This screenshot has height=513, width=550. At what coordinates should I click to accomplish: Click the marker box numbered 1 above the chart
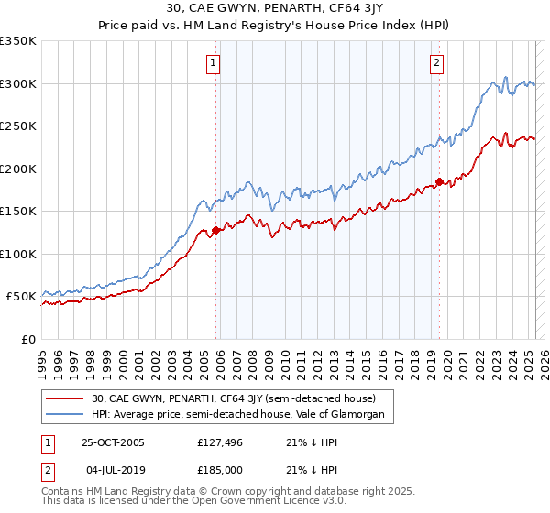[214, 63]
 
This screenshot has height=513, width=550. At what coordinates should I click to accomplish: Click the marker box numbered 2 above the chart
[436, 63]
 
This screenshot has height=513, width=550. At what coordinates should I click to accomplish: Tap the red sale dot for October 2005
[216, 231]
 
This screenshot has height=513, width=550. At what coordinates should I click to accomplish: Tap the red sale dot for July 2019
[439, 181]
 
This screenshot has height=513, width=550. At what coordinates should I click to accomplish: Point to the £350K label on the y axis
[18, 41]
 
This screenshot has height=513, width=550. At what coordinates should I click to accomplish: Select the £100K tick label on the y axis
[18, 254]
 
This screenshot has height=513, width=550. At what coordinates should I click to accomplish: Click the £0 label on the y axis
[28, 339]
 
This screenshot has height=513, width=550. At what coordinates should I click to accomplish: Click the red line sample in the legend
[65, 398]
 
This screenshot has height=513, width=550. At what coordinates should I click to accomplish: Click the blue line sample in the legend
[65, 415]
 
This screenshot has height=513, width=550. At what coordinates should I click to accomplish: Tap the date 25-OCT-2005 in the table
[113, 442]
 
